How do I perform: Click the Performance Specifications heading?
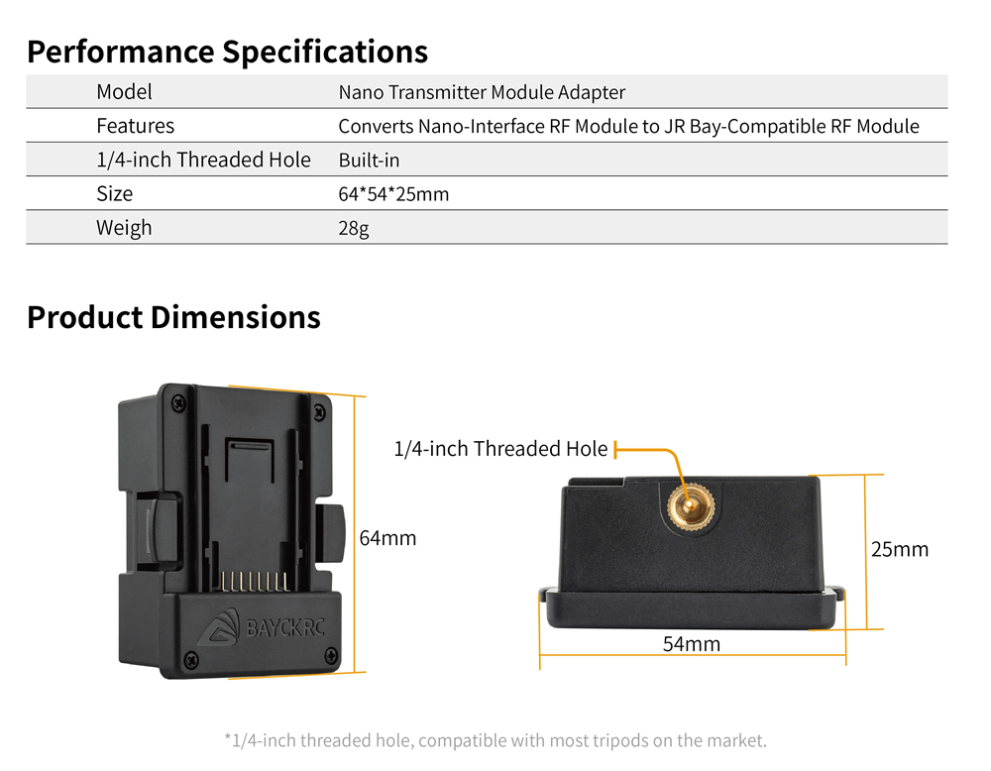[228, 53]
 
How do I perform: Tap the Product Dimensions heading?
[173, 317]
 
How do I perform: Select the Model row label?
[125, 92]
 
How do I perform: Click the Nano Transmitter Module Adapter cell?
[482, 92]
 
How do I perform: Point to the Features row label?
[135, 126]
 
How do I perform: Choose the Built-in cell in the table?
[369, 160]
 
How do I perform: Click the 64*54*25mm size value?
[393, 194]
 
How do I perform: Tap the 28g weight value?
[354, 228]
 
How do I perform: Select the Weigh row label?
[124, 228]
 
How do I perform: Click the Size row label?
[114, 193]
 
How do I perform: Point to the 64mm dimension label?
[388, 538]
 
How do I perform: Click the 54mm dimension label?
[692, 644]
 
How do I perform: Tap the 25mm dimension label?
[900, 549]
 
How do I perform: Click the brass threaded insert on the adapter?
[692, 506]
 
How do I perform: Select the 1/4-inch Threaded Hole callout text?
[500, 449]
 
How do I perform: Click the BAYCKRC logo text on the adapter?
[285, 628]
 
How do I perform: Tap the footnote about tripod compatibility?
[495, 740]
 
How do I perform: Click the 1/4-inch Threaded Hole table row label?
[203, 160]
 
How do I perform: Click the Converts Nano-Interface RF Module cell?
[629, 127]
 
